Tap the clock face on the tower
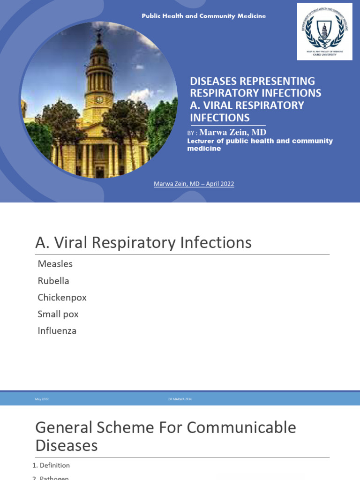[99, 99]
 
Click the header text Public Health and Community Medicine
[204, 16]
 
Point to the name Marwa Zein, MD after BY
[233, 132]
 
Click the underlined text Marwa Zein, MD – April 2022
[194, 184]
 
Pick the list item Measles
[55, 264]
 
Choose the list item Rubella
[53, 281]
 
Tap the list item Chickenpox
[62, 298]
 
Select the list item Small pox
[58, 314]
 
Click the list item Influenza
[57, 330]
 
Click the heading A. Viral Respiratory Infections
[143, 243]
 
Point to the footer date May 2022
[42, 399]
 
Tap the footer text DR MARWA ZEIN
[180, 399]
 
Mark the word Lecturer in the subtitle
[203, 141]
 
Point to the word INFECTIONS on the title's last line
[220, 117]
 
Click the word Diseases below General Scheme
[67, 445]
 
